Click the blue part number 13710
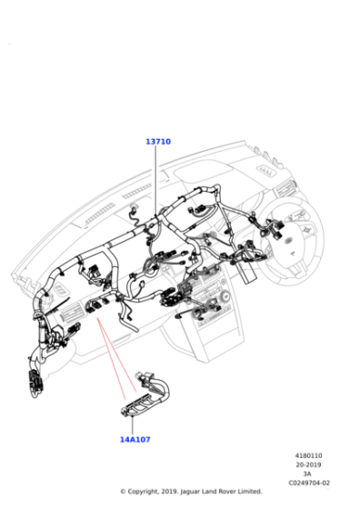pyautogui.click(x=158, y=142)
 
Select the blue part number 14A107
pyautogui.click(x=135, y=440)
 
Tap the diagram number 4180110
pyautogui.click(x=308, y=455)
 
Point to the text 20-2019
pyautogui.click(x=308, y=464)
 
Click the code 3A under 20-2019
pyautogui.click(x=307, y=474)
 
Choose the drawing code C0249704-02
pyautogui.click(x=309, y=483)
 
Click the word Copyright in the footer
pyautogui.click(x=143, y=492)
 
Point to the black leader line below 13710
pyautogui.click(x=155, y=180)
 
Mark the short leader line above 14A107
pyautogui.click(x=132, y=425)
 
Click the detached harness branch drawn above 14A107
pyautogui.click(x=146, y=394)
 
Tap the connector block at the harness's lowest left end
pyautogui.click(x=35, y=382)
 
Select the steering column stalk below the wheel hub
pyautogui.click(x=249, y=276)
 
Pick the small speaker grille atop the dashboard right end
pyautogui.click(x=265, y=170)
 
